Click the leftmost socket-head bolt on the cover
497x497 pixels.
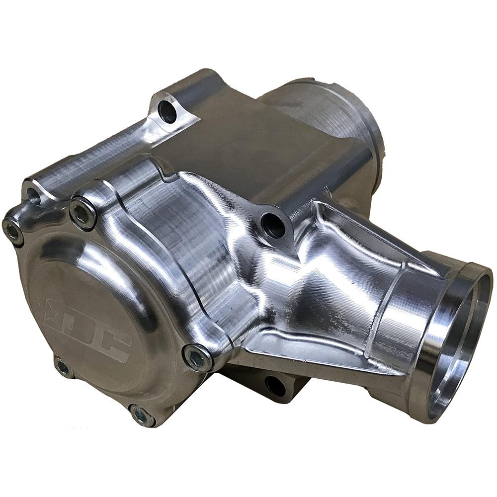pos(12,230)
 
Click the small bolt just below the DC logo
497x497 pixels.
pos(63,367)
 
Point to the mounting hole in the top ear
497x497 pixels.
pos(167,111)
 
